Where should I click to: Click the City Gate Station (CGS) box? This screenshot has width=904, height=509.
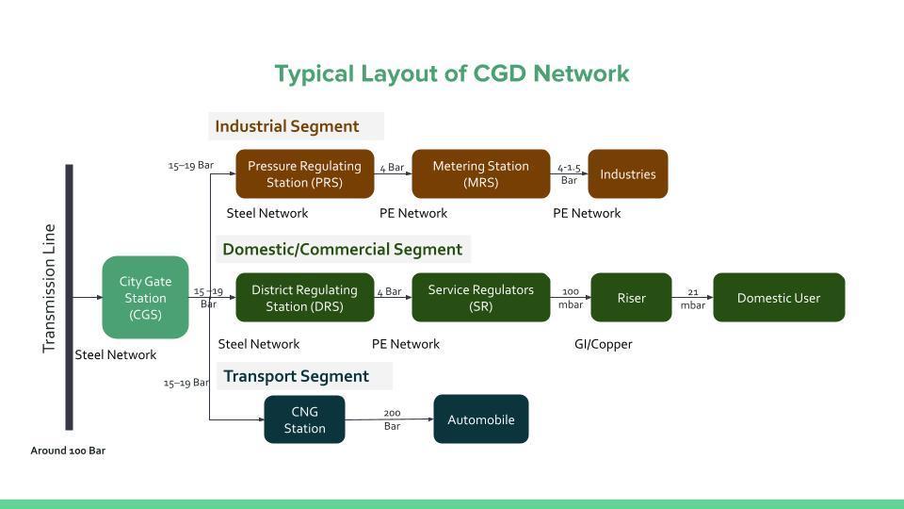coord(145,297)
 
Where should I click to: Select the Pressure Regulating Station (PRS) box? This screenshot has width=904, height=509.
coord(304,173)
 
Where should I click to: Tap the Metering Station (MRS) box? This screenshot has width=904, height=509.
coord(480,173)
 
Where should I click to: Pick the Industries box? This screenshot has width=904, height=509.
coord(627,173)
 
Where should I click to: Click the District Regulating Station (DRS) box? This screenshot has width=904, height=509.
coord(304,298)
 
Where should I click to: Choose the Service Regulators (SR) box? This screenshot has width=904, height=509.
coord(480,298)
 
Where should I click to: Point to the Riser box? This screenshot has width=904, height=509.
coord(631,298)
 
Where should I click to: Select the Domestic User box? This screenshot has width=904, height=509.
coord(778,298)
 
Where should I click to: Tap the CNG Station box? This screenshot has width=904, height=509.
coord(304,419)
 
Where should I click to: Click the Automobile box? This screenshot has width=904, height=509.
coord(480,419)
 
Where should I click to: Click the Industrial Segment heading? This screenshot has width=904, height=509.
coord(287,126)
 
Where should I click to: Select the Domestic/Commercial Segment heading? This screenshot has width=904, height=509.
coord(342,250)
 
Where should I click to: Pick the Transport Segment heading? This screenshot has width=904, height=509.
coord(296,376)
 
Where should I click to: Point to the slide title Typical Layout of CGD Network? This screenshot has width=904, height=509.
coord(452,74)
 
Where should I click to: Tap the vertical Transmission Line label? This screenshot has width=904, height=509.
coord(50,288)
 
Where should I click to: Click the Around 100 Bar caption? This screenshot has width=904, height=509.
coord(68,451)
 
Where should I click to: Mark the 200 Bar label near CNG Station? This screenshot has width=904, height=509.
coord(392,419)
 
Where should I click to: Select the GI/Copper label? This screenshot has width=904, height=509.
coord(603,344)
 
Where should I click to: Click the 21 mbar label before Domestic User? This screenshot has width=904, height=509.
coord(692,299)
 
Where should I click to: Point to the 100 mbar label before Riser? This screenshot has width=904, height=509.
coord(571,298)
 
